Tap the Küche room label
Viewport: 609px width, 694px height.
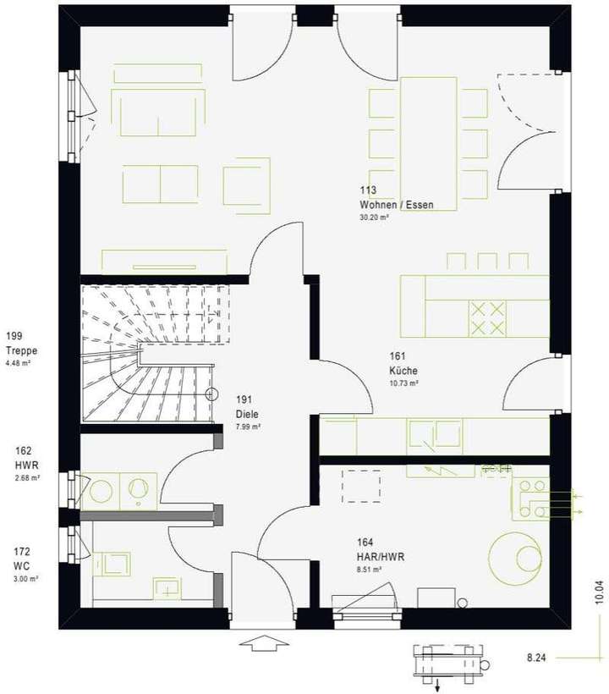(403, 371)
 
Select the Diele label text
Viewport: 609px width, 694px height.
(246, 415)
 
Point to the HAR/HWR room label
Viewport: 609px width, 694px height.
(381, 558)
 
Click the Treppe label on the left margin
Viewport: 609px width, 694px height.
(21, 351)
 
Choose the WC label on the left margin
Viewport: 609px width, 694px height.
(21, 565)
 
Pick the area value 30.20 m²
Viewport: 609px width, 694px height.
(373, 218)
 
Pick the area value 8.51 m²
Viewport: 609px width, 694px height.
(369, 570)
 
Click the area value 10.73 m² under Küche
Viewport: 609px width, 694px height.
(403, 383)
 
